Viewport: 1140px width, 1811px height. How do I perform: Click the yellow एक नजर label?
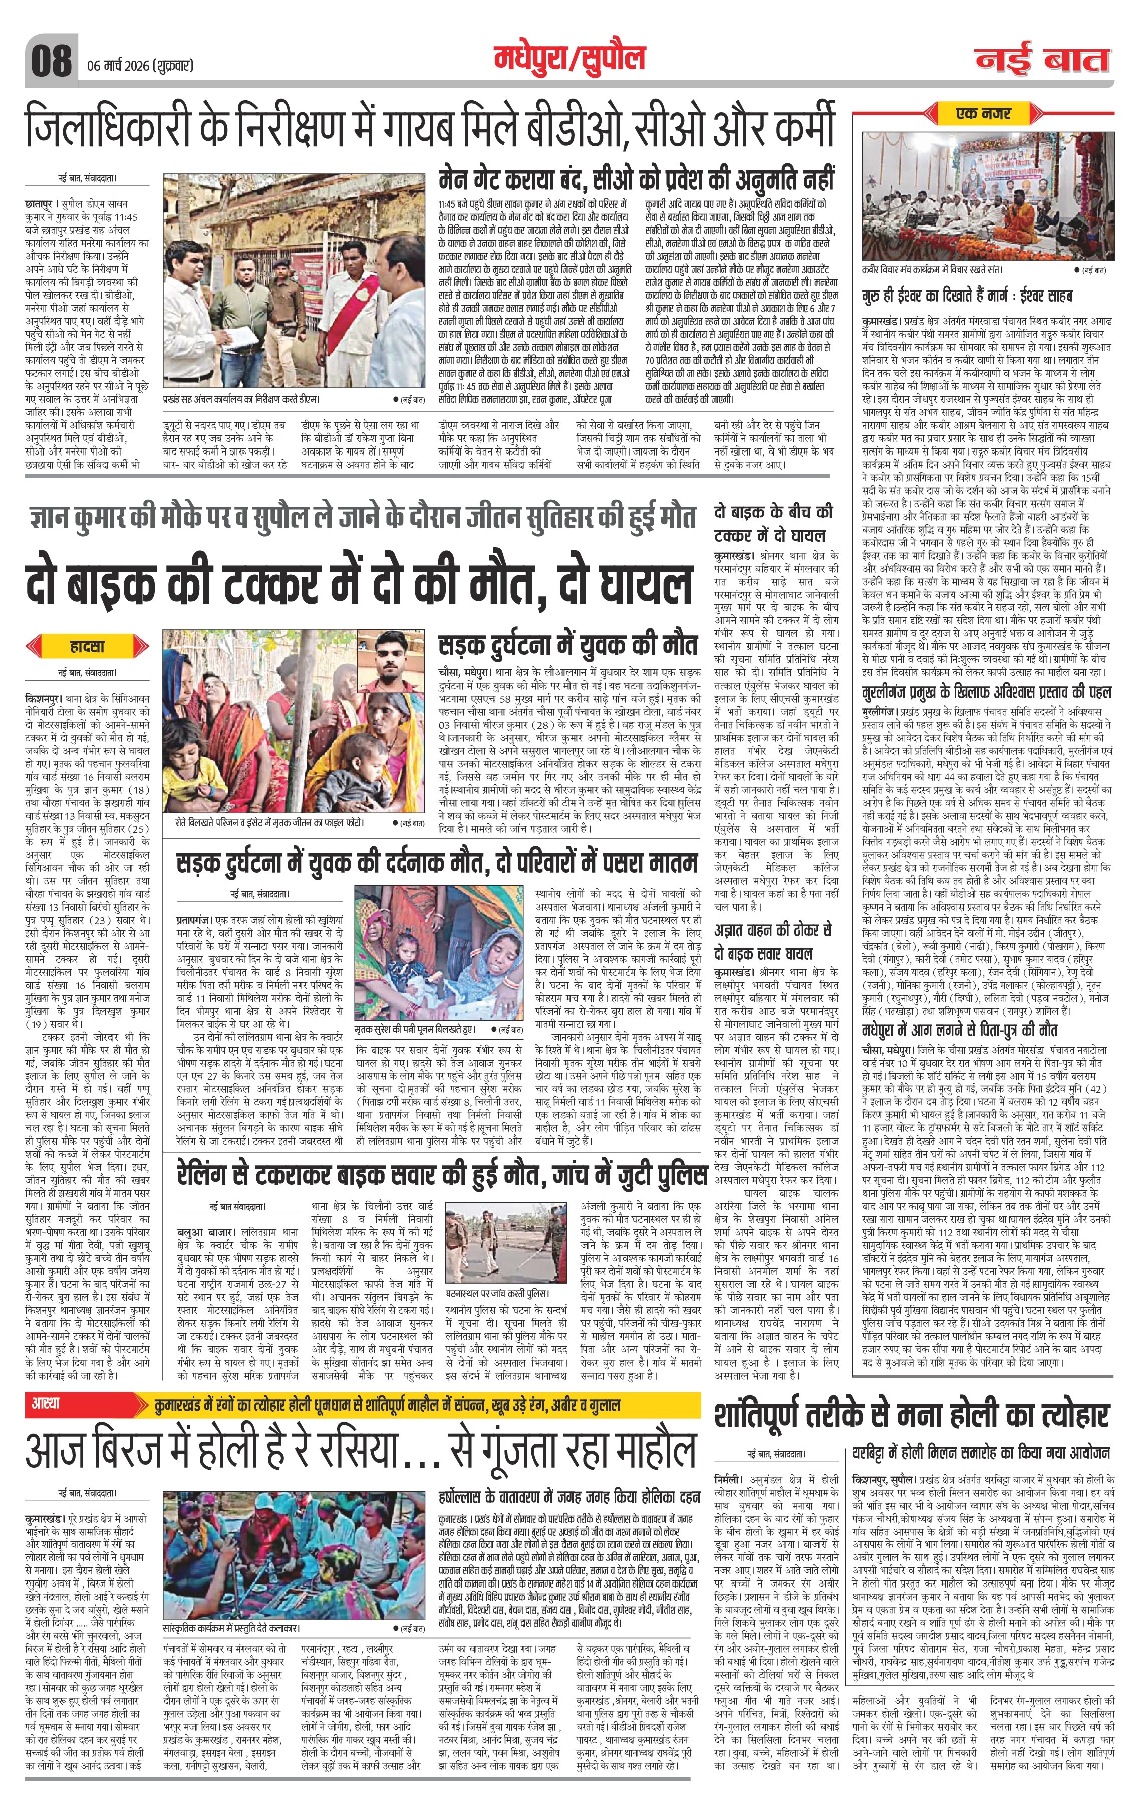click(x=984, y=114)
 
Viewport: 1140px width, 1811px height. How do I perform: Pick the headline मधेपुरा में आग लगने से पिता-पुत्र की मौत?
click(x=960, y=1027)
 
